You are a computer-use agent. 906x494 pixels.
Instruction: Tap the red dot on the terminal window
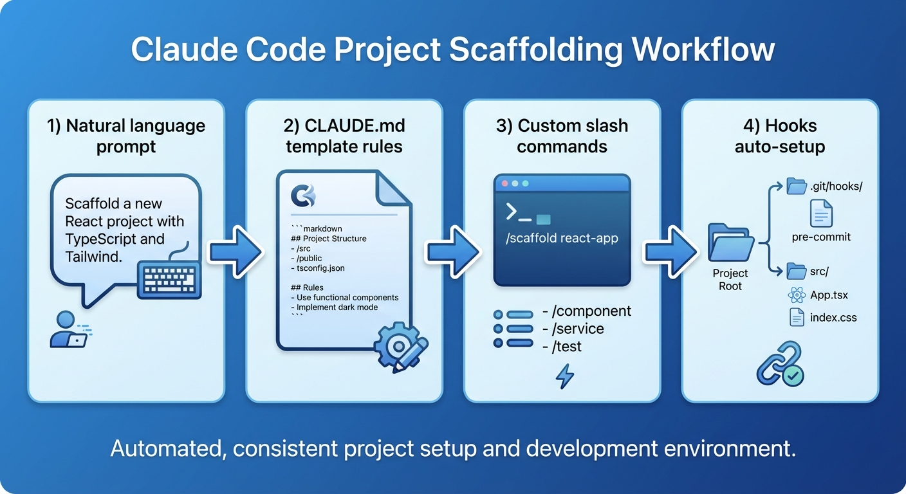point(505,183)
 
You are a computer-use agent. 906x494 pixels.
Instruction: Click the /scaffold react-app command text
point(562,239)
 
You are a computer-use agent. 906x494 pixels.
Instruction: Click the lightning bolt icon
point(564,376)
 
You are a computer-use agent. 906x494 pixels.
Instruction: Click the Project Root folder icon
point(730,243)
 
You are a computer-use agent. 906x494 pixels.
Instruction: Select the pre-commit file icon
point(821,213)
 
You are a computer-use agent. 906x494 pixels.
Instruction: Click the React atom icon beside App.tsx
point(797,295)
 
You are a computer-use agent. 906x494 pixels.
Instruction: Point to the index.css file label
point(833,317)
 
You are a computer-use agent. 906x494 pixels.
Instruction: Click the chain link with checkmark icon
point(780,364)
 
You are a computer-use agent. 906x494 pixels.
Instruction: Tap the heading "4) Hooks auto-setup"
point(780,135)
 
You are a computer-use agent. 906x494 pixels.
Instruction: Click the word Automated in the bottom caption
point(167,448)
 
